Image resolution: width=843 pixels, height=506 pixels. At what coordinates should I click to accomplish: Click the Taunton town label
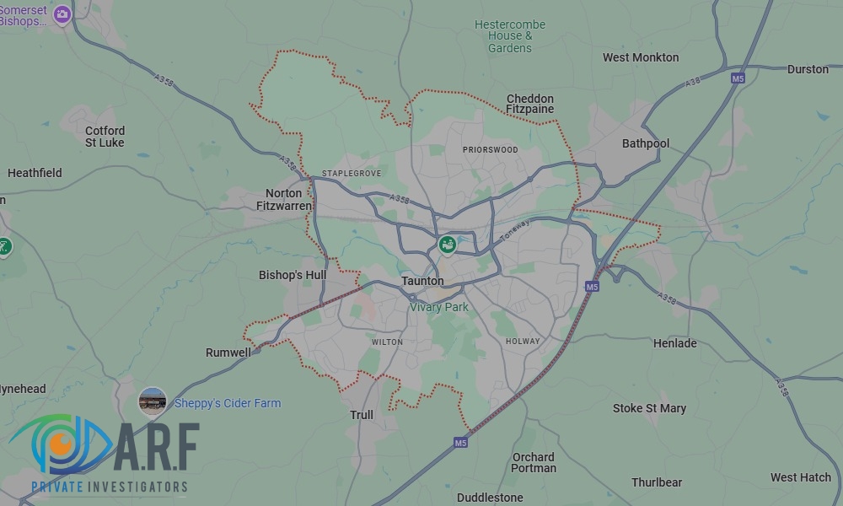point(422,281)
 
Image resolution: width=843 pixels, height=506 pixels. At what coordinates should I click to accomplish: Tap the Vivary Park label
point(438,308)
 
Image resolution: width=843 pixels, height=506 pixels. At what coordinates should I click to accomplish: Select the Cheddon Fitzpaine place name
point(530,104)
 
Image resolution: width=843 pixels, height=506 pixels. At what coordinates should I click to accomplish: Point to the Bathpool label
point(646,143)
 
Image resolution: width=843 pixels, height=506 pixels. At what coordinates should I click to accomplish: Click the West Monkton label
point(641,57)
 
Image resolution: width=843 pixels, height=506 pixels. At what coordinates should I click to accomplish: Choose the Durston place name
point(808,69)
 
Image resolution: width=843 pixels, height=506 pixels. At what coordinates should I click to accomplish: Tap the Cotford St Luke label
point(105,137)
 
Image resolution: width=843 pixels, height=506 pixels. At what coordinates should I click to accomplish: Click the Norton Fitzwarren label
point(283,199)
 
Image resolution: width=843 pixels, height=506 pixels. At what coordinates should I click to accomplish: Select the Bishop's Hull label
point(293,275)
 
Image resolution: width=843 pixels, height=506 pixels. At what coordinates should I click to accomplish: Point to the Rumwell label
point(228,353)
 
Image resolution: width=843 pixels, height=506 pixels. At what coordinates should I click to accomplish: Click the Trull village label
point(362,415)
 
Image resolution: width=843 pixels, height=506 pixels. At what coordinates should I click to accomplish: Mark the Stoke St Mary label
point(649,408)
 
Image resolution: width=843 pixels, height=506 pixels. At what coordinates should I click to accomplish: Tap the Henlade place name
point(675,343)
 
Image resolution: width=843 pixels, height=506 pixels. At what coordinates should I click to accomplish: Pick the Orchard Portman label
point(534,462)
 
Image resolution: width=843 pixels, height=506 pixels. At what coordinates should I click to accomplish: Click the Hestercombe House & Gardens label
point(510,36)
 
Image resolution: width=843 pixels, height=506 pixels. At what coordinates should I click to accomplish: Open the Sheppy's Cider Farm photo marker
point(153,401)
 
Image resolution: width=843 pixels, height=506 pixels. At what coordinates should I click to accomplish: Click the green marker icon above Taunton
point(447,245)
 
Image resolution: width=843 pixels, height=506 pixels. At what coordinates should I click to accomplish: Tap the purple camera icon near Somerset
point(62,13)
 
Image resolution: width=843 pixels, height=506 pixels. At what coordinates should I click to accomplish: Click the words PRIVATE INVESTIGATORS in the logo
point(110,487)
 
